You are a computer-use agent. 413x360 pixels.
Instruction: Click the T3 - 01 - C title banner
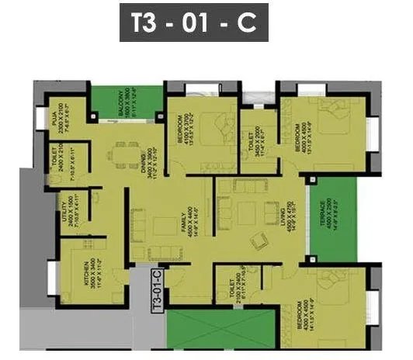(x=193, y=22)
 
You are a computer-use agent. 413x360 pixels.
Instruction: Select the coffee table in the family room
(x=163, y=226)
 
